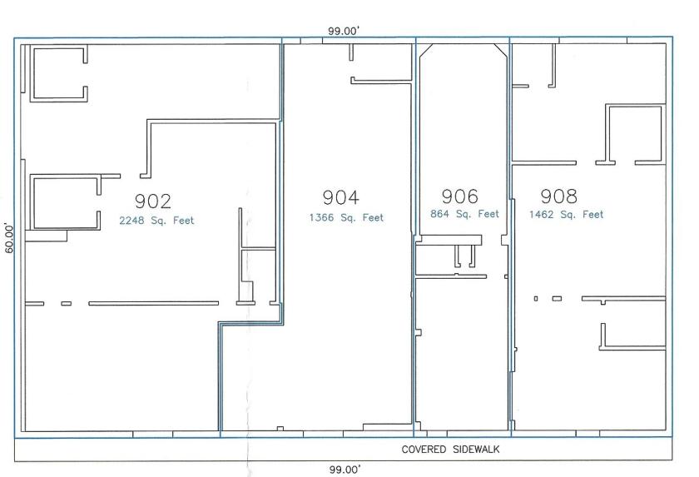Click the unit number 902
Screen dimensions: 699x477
click(x=153, y=201)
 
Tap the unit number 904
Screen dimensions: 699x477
click(x=341, y=197)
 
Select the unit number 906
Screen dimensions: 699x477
click(x=460, y=196)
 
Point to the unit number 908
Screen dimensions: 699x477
click(x=559, y=196)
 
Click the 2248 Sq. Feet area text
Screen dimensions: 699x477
click(x=156, y=221)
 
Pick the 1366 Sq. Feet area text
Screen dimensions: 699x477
click(x=346, y=217)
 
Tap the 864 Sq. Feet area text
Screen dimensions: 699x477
click(x=464, y=214)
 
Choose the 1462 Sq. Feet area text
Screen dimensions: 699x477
click(x=566, y=215)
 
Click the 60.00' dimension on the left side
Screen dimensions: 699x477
click(x=9, y=239)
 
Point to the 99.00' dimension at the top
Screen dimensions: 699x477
click(x=344, y=31)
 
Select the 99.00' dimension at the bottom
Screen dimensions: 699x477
click(x=345, y=470)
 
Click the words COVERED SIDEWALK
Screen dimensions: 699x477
click(x=450, y=450)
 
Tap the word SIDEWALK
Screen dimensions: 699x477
click(x=476, y=450)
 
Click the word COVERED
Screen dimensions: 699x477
click(x=424, y=450)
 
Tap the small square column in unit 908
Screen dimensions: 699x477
click(x=536, y=299)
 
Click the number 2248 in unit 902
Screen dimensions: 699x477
click(x=131, y=221)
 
